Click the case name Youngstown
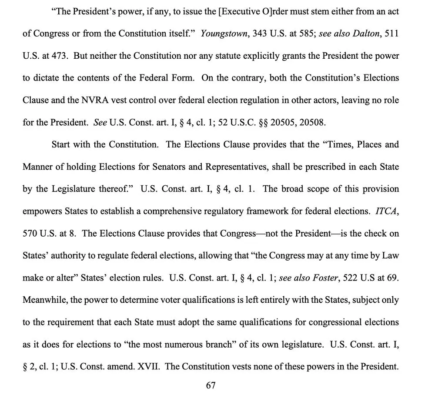(222, 33)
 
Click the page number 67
(211, 385)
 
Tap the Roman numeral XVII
(148, 366)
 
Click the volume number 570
(30, 233)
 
